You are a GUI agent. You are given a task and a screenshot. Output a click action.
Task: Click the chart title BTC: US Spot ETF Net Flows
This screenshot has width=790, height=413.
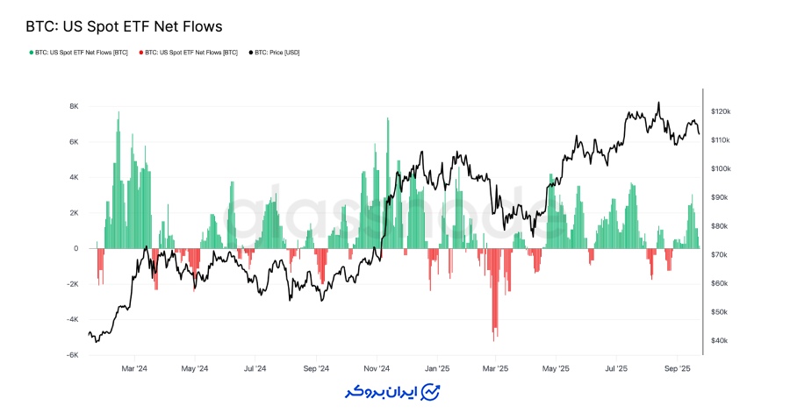pyautogui.click(x=123, y=27)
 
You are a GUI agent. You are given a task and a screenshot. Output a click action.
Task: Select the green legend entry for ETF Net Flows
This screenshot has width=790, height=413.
pyautogui.click(x=78, y=53)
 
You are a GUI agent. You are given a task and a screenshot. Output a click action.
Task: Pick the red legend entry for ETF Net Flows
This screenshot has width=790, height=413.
pyautogui.click(x=188, y=53)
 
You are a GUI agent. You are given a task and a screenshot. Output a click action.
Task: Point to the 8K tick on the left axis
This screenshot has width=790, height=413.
pyautogui.click(x=74, y=106)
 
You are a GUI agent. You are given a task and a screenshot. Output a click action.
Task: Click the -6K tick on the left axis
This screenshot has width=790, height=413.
pyautogui.click(x=73, y=355)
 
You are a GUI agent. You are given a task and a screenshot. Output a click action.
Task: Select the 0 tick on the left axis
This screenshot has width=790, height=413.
pyautogui.click(x=76, y=248)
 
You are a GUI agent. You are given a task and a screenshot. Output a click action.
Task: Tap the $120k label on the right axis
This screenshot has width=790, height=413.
pyautogui.click(x=721, y=112)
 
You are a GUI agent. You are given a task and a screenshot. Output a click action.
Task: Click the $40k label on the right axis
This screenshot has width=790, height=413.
pyautogui.click(x=720, y=340)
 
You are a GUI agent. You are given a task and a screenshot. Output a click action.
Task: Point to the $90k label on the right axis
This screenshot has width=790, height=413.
pyautogui.click(x=720, y=197)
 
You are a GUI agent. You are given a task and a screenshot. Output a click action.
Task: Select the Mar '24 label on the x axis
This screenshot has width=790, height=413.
pyautogui.click(x=134, y=368)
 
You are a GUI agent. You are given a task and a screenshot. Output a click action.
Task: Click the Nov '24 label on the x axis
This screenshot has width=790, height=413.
pyautogui.click(x=377, y=368)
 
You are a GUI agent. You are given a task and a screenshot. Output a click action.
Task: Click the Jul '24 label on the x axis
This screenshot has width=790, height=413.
pyautogui.click(x=255, y=368)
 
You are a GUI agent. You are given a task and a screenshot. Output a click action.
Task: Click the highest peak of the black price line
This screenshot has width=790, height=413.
pyautogui.click(x=658, y=103)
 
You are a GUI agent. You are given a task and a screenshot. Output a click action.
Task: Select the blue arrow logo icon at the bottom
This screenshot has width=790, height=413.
pyautogui.click(x=431, y=391)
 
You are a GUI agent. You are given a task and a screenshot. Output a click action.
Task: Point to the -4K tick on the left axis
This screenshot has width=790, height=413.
pyautogui.click(x=73, y=319)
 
